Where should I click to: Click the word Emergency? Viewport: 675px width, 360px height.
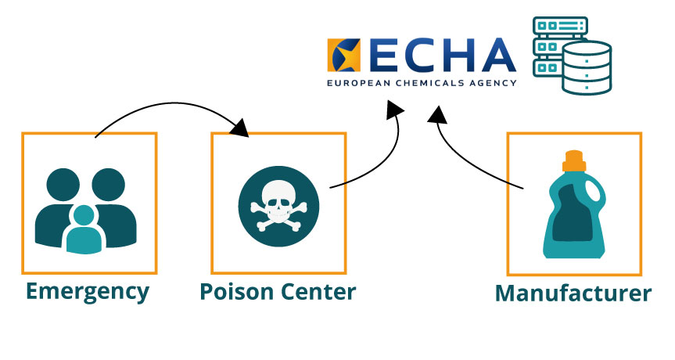[88, 293]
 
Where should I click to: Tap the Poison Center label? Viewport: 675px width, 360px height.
[278, 292]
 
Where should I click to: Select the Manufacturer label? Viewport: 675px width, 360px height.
[573, 293]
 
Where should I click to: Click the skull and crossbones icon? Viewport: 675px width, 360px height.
[279, 207]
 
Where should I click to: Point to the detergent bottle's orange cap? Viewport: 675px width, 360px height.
[574, 161]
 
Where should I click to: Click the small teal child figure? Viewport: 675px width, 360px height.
[84, 229]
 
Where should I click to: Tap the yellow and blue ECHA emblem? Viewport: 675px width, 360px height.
[343, 55]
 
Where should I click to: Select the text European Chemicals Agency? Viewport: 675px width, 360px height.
[422, 83]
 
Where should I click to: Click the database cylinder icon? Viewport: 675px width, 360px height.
[587, 67]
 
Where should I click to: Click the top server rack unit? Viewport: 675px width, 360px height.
[560, 26]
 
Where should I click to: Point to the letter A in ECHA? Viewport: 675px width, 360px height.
[498, 55]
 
